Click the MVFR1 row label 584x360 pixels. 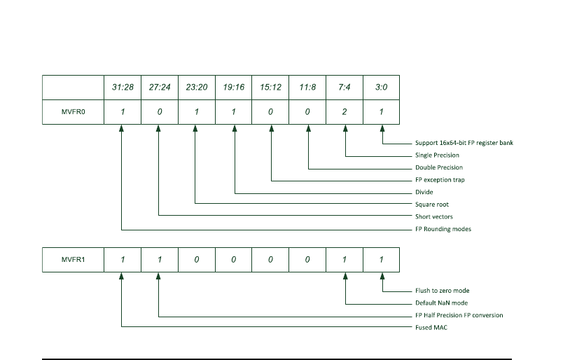73,260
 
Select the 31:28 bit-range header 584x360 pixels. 123,88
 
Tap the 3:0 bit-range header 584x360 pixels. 382,88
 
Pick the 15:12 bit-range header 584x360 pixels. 271,88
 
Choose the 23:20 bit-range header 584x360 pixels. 197,88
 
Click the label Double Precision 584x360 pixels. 439,167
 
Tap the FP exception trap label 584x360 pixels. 440,180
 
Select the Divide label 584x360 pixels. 424,192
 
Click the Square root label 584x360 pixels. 433,205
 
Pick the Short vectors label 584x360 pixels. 434,216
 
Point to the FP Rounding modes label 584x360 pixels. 443,229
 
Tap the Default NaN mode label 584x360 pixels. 442,303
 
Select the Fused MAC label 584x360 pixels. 431,327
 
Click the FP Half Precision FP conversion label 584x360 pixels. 459,315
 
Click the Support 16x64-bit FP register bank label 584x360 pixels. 464,143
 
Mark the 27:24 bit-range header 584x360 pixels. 160,88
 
